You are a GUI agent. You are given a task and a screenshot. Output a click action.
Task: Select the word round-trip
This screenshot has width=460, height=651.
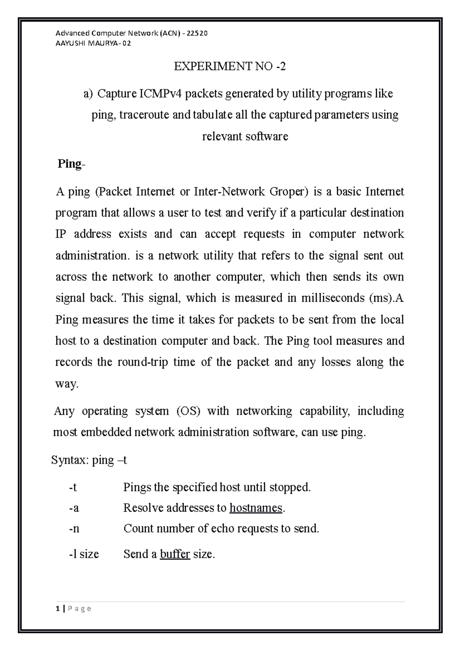[143, 362]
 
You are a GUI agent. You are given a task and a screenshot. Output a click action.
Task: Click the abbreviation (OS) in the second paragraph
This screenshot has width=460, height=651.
[188, 411]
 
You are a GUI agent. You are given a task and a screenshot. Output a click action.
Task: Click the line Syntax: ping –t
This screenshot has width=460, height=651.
[89, 460]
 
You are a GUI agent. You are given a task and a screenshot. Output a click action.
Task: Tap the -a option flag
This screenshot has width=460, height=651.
[74, 508]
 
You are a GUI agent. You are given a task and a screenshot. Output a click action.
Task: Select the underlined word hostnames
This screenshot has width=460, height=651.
[256, 508]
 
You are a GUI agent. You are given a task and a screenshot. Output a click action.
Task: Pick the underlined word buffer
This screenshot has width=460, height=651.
[175, 554]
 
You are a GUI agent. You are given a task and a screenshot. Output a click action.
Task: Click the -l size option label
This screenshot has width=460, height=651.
[84, 554]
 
